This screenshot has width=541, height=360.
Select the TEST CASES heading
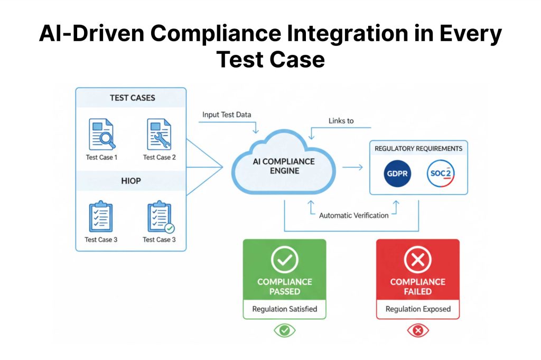pyautogui.click(x=132, y=98)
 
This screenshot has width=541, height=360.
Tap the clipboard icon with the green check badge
pyautogui.click(x=160, y=217)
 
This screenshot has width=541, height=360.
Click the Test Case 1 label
pyautogui.click(x=101, y=157)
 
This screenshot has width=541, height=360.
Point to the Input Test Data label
pyautogui.click(x=227, y=115)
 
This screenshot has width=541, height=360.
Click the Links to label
pyautogui.click(x=341, y=121)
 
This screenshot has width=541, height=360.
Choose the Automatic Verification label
pyautogui.click(x=353, y=215)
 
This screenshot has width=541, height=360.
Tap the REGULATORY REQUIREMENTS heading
pyautogui.click(x=418, y=148)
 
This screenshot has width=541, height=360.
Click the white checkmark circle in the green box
pyautogui.click(x=284, y=260)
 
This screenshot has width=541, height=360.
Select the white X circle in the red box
pyautogui.click(x=417, y=260)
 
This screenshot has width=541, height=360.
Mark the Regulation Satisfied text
pyautogui.click(x=284, y=309)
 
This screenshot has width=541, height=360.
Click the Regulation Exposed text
pyautogui.click(x=417, y=309)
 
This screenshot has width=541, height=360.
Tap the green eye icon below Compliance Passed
pyautogui.click(x=284, y=330)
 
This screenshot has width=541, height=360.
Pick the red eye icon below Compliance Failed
pyautogui.click(x=417, y=330)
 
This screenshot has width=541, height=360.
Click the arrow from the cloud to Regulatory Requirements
pyautogui.click(x=352, y=168)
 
